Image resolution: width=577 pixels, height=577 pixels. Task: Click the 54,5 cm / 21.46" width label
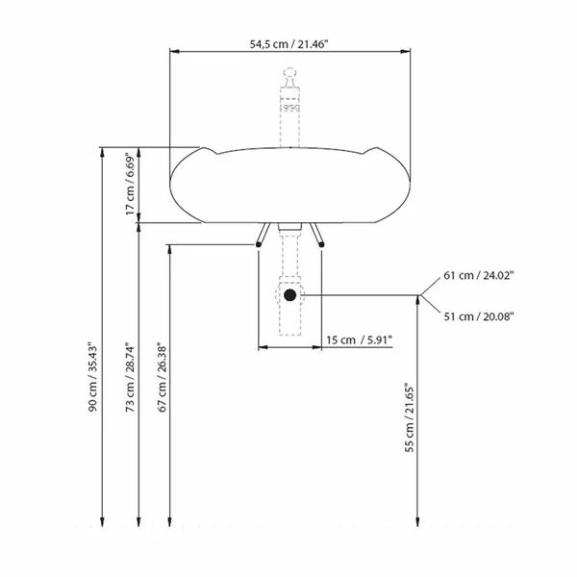click(288, 44)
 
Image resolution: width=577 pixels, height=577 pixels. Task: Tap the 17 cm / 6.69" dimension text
click(131, 184)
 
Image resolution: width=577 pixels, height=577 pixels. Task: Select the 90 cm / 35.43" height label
click(92, 379)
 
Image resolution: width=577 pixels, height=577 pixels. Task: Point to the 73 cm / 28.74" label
click(130, 378)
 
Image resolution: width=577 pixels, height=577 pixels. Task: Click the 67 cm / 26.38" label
click(163, 378)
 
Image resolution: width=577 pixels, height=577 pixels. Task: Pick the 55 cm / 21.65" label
click(410, 419)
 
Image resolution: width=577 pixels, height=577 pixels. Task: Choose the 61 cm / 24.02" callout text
click(478, 275)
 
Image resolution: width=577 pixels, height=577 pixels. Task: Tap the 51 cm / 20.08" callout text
click(478, 316)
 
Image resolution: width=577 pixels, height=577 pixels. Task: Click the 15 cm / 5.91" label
click(359, 340)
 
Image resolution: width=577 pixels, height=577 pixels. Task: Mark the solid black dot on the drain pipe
click(290, 295)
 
